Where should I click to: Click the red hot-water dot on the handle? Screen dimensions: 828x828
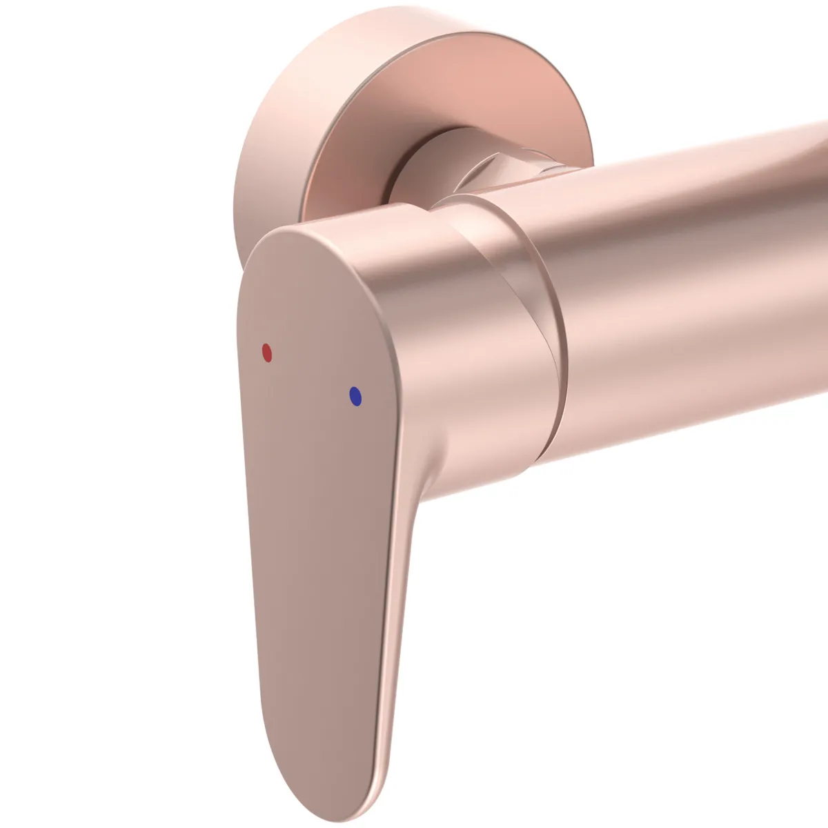267,353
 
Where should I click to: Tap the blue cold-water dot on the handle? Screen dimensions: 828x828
355,396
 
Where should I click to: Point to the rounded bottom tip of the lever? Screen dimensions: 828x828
314,793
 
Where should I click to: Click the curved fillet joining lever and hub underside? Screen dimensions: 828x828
428,483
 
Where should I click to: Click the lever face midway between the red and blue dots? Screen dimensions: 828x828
311,375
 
